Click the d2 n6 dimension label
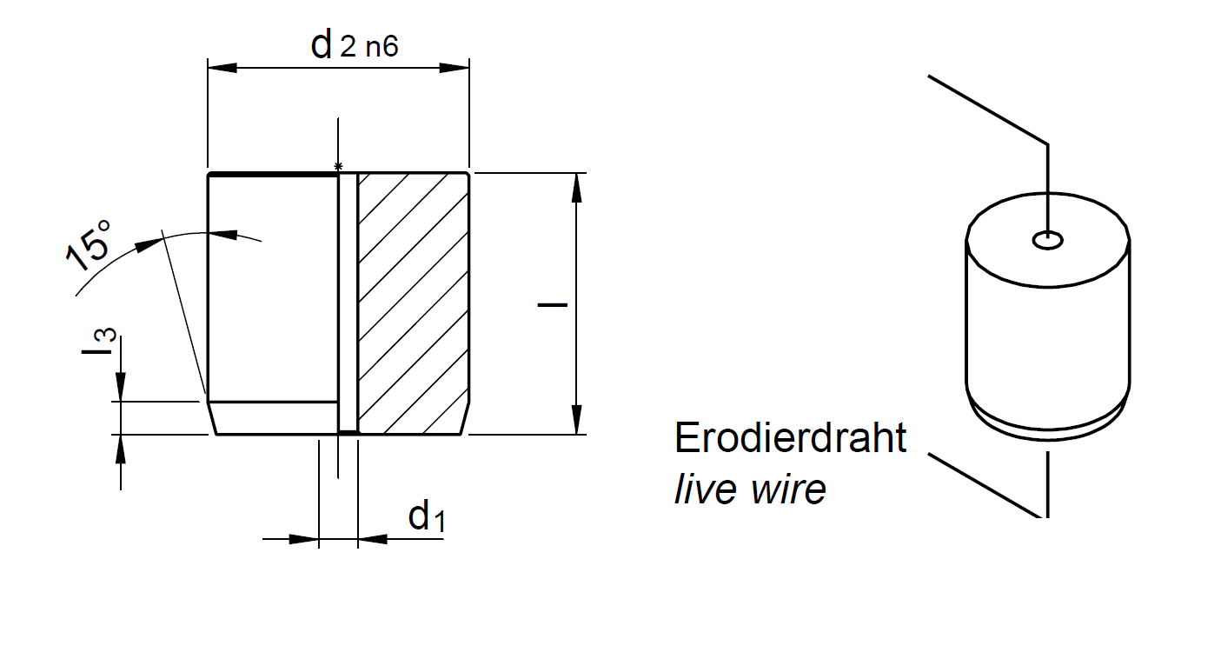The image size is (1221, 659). [355, 45]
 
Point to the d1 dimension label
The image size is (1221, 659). [427, 517]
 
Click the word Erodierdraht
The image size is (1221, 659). [790, 438]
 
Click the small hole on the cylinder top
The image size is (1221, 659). [1048, 239]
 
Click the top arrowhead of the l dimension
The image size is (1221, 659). [576, 188]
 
